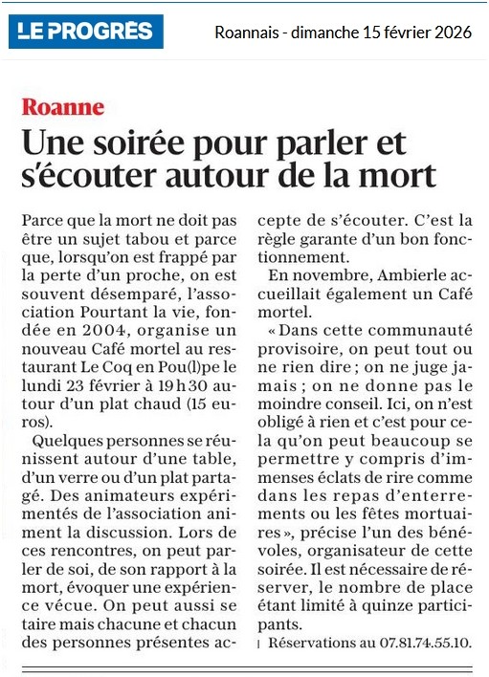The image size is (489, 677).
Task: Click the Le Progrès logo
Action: (87, 32)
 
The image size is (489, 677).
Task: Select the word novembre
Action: (322, 276)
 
